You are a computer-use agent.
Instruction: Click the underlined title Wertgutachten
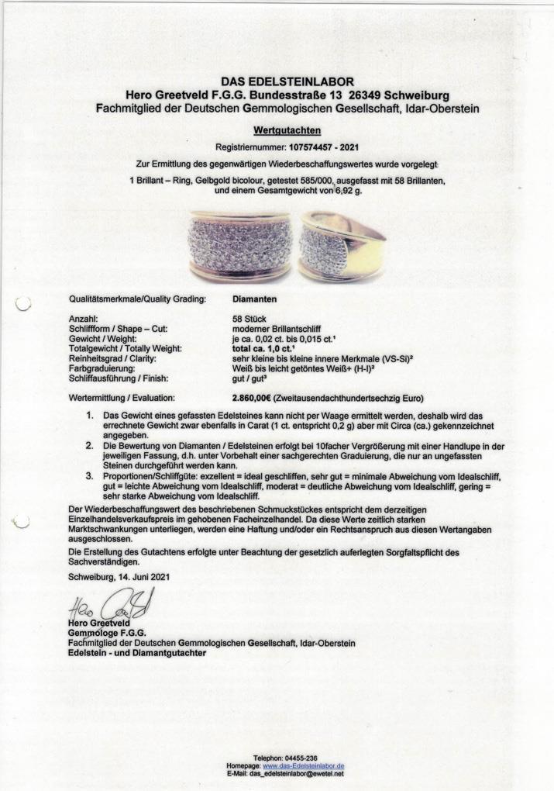tap(287, 131)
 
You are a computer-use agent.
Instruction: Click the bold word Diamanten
tap(255, 297)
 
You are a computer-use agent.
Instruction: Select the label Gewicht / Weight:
tap(102, 339)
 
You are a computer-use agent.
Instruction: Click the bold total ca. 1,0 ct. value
tap(270, 349)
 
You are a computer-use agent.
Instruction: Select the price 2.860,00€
tap(256, 398)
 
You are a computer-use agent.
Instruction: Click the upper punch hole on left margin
tap(22, 304)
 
